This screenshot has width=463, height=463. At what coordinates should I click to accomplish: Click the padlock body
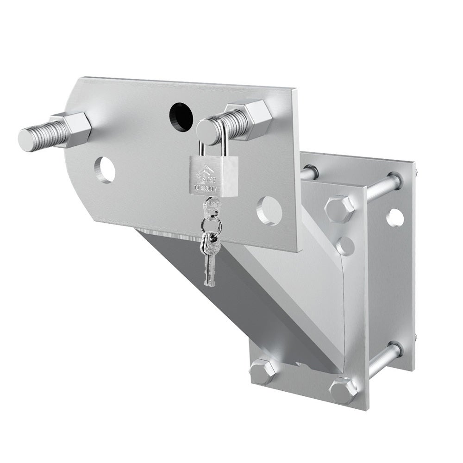213,176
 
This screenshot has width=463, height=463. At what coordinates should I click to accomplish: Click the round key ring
211,225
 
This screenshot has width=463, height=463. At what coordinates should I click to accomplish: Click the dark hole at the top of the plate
181,117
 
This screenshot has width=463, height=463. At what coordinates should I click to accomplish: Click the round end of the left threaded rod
28,140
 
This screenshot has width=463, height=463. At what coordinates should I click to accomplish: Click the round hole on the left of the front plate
105,170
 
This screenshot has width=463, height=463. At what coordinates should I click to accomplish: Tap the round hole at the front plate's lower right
269,211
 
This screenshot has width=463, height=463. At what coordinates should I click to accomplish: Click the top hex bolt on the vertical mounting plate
339,209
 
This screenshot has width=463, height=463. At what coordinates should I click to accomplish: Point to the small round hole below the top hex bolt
345,246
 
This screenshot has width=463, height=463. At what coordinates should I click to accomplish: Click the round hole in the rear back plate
395,217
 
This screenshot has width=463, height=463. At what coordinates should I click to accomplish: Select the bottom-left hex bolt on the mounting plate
263,371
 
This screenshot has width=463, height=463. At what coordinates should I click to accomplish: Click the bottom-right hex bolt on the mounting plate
343,391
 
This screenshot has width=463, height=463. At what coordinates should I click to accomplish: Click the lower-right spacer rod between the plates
384,359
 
